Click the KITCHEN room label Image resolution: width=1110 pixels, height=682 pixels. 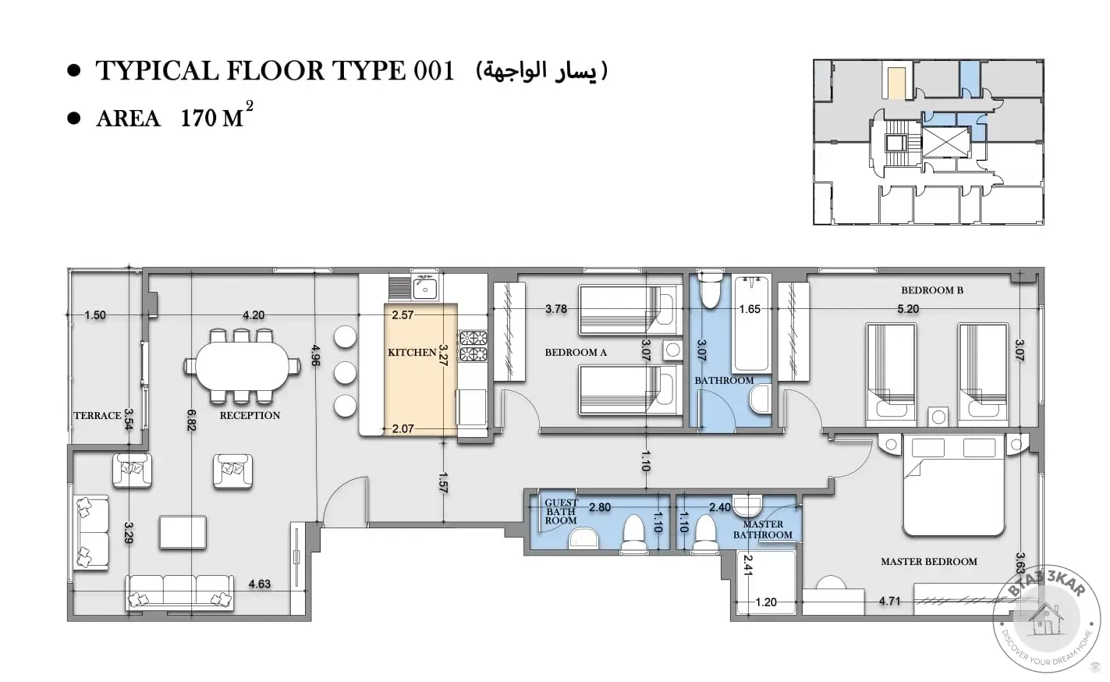pos(412,353)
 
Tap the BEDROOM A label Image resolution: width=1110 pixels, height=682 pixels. pos(576,353)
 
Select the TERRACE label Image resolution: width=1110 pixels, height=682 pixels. pos(98,415)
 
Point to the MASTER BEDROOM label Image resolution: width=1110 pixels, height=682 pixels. pos(929,562)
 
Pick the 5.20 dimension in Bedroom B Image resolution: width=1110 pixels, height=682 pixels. pos(908,309)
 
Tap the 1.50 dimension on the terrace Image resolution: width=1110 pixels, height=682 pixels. pos(95,315)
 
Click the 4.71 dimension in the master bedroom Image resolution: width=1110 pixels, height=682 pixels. pos(889,601)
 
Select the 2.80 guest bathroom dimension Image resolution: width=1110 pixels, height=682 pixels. pos(600,507)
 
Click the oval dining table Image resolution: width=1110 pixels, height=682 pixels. pos(242,366)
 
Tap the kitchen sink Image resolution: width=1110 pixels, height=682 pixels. pos(425,288)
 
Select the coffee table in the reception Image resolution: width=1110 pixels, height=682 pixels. pos(183,532)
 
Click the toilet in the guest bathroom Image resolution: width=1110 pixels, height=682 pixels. pos(633,534)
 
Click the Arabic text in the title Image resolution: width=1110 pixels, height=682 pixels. pos(541,71)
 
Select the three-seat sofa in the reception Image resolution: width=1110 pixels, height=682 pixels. pos(179,591)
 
